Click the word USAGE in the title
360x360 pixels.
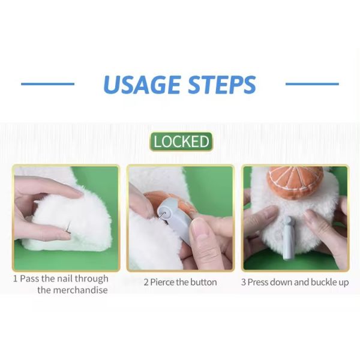[x=142, y=84]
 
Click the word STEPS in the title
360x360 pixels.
[x=222, y=84]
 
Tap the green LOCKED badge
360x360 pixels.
[x=181, y=142]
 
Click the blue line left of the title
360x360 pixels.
[x=48, y=84]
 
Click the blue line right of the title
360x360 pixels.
[x=312, y=84]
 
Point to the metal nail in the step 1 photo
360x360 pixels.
[x=69, y=226]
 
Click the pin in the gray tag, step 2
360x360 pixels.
[x=163, y=215]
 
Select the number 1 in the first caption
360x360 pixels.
[x=15, y=279]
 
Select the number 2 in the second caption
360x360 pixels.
[x=146, y=282]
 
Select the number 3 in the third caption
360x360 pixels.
[x=244, y=282]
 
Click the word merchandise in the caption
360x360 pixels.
[x=73, y=290]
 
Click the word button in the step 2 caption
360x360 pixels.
[x=203, y=282]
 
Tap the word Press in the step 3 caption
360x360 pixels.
[x=258, y=282]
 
